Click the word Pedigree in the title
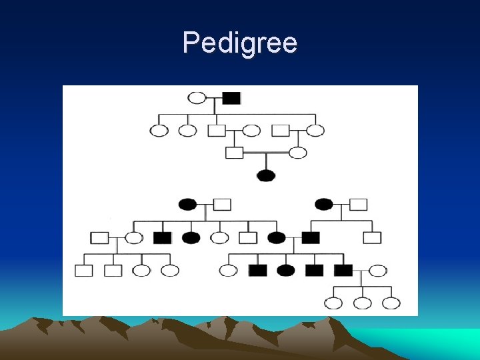(240, 43)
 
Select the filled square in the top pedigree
(231, 98)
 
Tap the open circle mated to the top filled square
(197, 98)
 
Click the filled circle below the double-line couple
(266, 176)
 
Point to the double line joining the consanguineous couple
(266, 153)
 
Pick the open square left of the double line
(234, 153)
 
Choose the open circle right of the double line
(298, 153)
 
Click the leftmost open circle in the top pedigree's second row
(159, 130)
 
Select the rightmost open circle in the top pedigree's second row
(315, 130)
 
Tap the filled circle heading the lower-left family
(187, 204)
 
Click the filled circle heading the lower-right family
(324, 204)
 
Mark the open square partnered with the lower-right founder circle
(359, 204)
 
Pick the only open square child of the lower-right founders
(372, 237)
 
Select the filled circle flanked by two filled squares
(286, 271)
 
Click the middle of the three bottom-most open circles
(362, 303)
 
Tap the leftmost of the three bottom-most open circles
(333, 303)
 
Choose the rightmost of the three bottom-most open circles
(391, 303)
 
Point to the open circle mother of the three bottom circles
(378, 271)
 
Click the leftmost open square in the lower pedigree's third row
(84, 271)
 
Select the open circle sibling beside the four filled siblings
(228, 271)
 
